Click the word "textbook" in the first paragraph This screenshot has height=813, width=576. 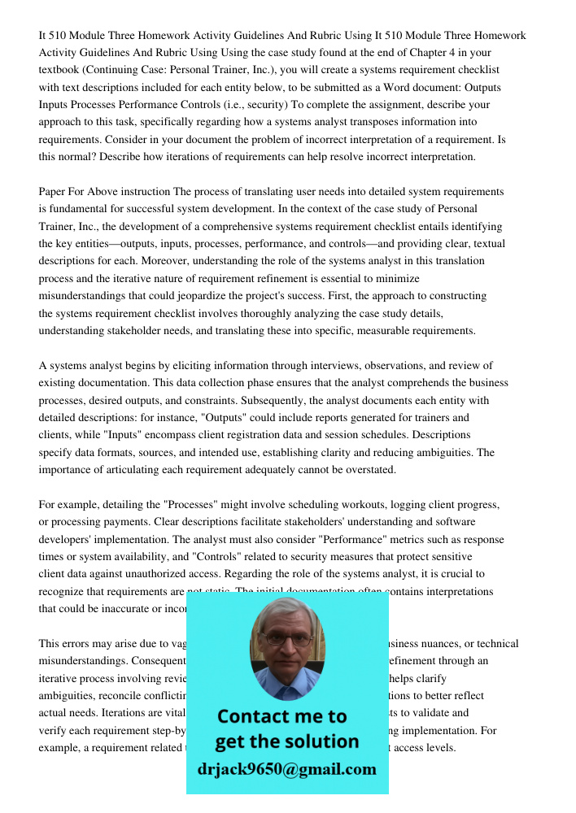point(61,70)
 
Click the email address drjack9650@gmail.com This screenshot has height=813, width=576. point(287,769)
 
